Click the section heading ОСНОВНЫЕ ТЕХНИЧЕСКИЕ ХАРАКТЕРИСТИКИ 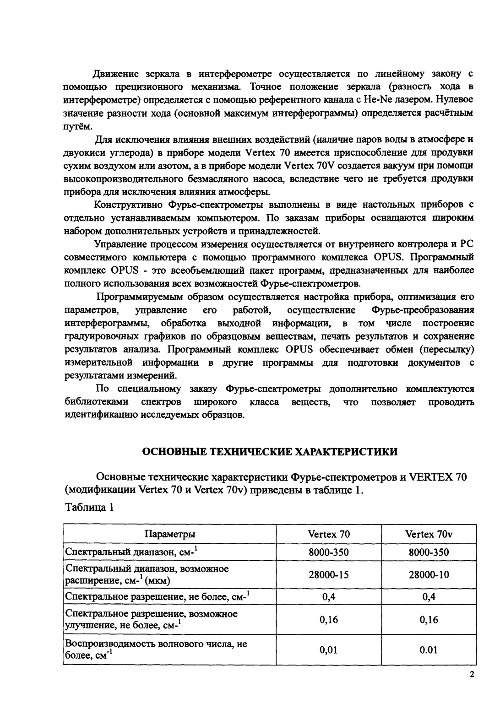coord(270,452)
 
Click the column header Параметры coord(170,534)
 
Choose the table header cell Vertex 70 coord(329,534)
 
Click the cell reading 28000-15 coord(329,574)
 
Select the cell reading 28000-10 coord(429,574)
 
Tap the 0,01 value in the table coord(329,650)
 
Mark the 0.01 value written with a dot coord(429,650)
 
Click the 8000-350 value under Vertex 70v coord(429,552)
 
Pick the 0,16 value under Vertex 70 coord(329,620)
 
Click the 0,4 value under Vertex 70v coord(429,597)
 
